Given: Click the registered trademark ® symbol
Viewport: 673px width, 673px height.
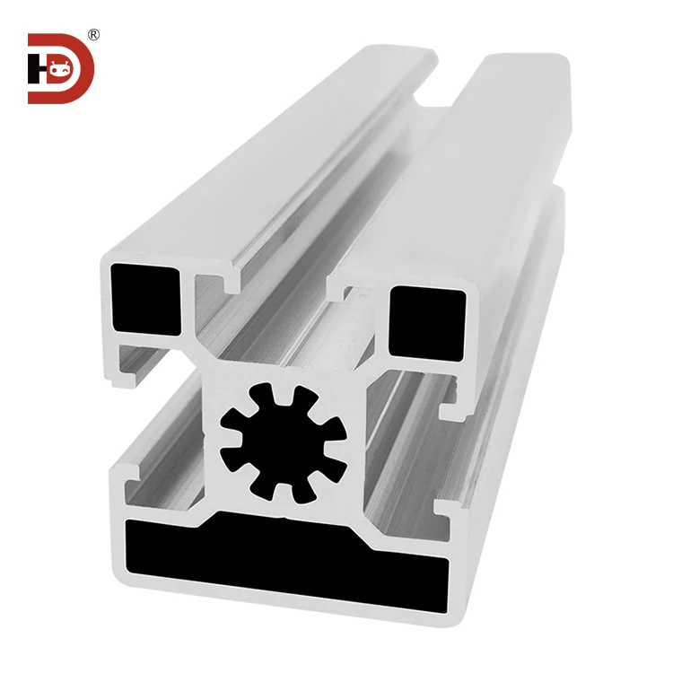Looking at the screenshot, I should tap(93, 35).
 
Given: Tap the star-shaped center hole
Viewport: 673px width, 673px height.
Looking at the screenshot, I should tap(282, 439).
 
